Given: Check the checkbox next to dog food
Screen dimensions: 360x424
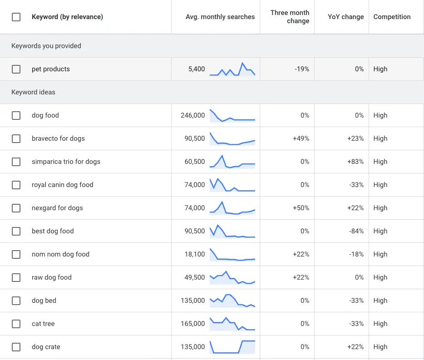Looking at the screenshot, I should click(x=16, y=115).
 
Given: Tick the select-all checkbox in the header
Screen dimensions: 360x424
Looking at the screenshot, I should click(x=16, y=17).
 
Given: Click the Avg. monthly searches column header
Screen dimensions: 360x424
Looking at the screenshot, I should click(x=220, y=17).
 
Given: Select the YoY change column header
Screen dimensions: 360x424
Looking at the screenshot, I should click(x=345, y=17).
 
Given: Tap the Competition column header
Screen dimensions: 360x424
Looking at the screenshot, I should click(x=392, y=17).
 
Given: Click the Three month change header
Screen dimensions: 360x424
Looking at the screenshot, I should click(x=290, y=17).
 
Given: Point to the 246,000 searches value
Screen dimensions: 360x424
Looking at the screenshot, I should click(x=192, y=115).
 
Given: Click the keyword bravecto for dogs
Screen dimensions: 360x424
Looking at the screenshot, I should click(x=58, y=138).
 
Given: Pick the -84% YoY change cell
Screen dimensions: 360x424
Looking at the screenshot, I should click(x=356, y=231).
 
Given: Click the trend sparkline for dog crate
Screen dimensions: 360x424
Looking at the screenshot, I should click(x=232, y=347).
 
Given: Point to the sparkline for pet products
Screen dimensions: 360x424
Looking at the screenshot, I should click(x=232, y=69).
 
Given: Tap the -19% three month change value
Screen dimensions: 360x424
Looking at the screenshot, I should click(x=301, y=69).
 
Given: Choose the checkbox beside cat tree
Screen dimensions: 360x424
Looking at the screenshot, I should click(x=16, y=324).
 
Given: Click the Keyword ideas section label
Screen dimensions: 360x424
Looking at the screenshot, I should click(x=33, y=92).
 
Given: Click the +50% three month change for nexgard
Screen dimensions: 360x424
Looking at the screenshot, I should click(x=301, y=208).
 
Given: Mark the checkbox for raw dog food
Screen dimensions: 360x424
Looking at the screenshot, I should click(x=16, y=277).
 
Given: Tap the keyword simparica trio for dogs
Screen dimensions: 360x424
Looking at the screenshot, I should click(x=66, y=162).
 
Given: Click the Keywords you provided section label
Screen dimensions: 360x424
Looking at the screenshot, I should click(x=46, y=46).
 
